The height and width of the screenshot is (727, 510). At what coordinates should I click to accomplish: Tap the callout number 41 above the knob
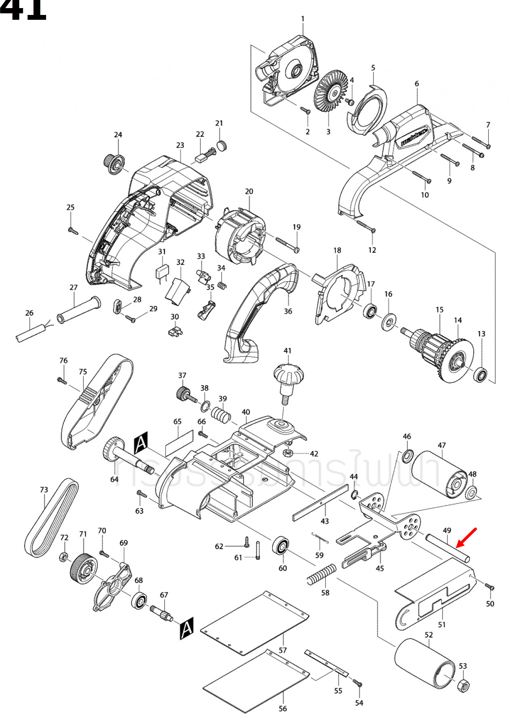[287, 351]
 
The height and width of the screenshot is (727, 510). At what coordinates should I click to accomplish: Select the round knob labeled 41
[288, 376]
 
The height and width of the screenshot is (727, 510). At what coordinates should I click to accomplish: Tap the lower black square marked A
[187, 628]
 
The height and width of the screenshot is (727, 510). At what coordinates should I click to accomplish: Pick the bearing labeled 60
[281, 546]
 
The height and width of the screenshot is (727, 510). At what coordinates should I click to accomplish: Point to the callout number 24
[118, 134]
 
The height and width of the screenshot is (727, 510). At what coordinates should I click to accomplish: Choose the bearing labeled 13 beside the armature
[480, 375]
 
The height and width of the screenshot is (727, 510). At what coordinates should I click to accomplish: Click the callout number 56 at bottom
[283, 708]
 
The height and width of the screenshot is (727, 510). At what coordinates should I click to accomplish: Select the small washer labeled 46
[407, 456]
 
